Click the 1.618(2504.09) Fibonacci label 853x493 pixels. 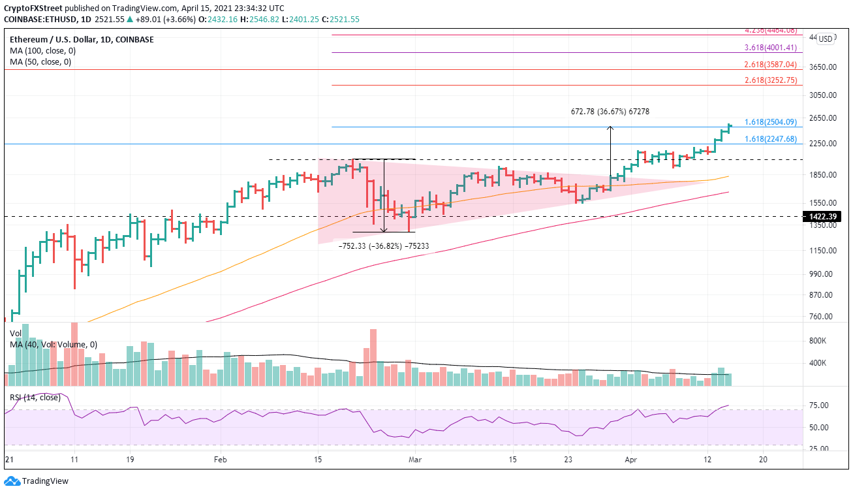tap(771, 122)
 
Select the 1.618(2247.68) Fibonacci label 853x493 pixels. tap(771, 139)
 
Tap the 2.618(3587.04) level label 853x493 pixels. tap(771, 65)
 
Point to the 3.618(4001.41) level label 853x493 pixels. tap(771, 48)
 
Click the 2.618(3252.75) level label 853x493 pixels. tap(771, 80)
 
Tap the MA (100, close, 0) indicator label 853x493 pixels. tap(40, 51)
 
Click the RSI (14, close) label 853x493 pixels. tap(34, 396)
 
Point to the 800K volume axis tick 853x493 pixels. tap(818, 341)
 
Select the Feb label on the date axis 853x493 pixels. tap(219, 460)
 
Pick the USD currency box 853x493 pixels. tap(826, 39)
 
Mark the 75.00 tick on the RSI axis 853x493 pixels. tap(818, 406)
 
